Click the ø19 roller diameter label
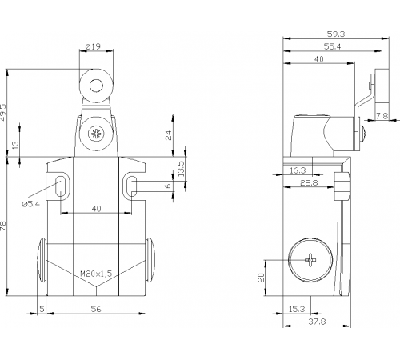pyautogui.click(x=93, y=46)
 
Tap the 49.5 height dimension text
pyautogui.click(x=3, y=112)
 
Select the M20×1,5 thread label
pyautogui.click(x=96, y=274)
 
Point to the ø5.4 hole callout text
pyautogui.click(x=30, y=204)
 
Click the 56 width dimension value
pyautogui.click(x=96, y=309)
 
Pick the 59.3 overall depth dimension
pyautogui.click(x=336, y=34)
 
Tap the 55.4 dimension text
pyautogui.click(x=332, y=46)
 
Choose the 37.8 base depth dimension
pyautogui.click(x=317, y=322)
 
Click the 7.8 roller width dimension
pyautogui.click(x=382, y=116)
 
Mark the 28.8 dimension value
pyautogui.click(x=309, y=183)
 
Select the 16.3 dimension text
pyautogui.click(x=298, y=170)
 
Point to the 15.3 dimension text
pyautogui.click(x=297, y=309)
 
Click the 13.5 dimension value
pyautogui.click(x=181, y=168)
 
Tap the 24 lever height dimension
pyautogui.click(x=168, y=135)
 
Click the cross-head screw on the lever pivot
pyautogui.click(x=95, y=134)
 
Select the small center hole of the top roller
pyautogui.click(x=96, y=86)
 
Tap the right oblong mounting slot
pyautogui.click(x=132, y=185)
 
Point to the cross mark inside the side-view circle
pyautogui.click(x=310, y=260)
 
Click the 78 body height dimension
pyautogui.click(x=3, y=226)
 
